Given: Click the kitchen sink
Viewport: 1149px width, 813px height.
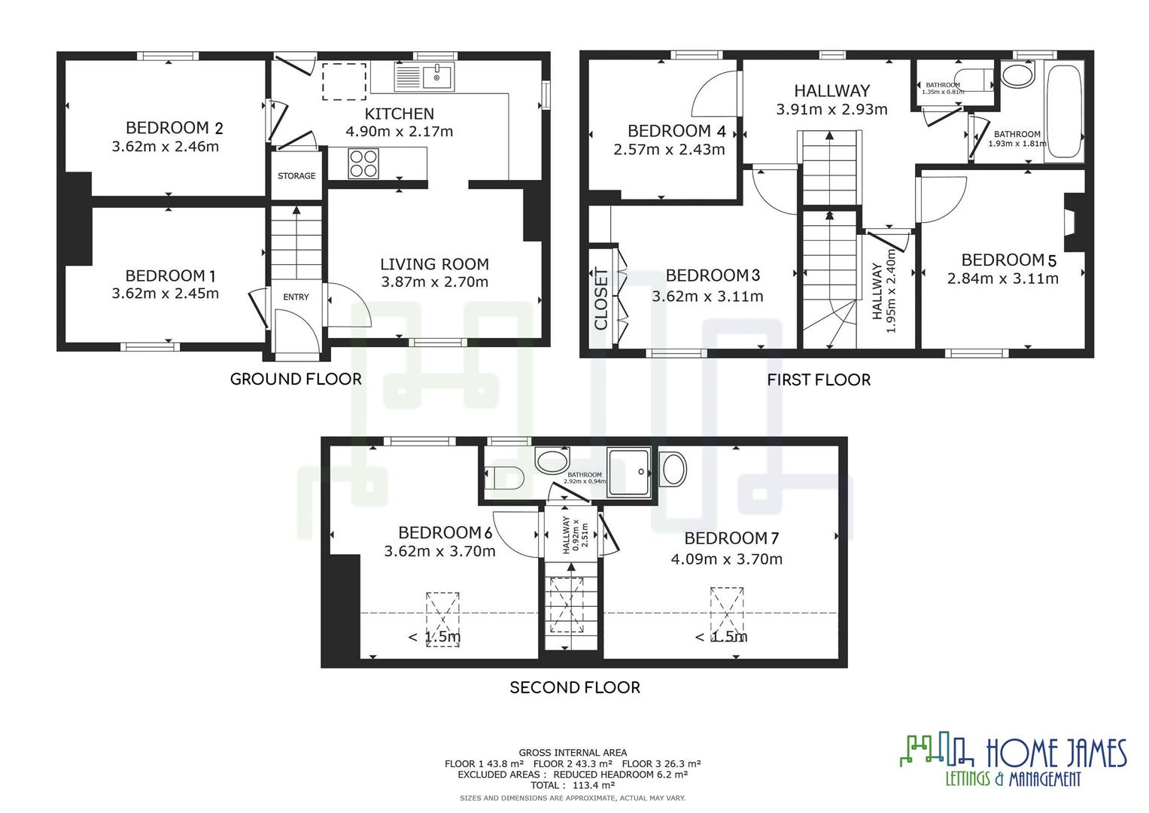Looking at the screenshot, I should coord(424,76).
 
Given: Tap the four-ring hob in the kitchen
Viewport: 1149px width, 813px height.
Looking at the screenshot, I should coord(363,163).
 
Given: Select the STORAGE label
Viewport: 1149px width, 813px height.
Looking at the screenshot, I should coord(296,176).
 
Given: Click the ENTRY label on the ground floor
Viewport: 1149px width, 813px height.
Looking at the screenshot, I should coord(296,297).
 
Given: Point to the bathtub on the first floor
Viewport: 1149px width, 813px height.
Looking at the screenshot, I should coord(1062,111).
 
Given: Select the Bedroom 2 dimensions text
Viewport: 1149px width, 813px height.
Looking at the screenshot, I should coord(166,147).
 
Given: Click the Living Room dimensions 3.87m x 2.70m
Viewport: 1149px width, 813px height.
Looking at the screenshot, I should coord(434,282).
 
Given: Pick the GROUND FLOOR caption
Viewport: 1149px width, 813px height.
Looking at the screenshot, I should coord(296,379).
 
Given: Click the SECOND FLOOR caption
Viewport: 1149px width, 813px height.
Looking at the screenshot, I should coord(575,687).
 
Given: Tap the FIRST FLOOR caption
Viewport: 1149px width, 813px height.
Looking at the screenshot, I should coord(819,379).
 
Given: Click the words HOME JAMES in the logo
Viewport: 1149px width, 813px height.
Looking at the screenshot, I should coord(1056,753).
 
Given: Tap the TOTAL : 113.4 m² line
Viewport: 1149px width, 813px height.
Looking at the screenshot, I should coord(573,785).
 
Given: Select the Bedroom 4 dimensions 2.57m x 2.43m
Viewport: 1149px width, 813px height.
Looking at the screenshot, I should coord(669,150).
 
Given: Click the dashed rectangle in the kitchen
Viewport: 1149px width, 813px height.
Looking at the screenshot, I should coord(345,81).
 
